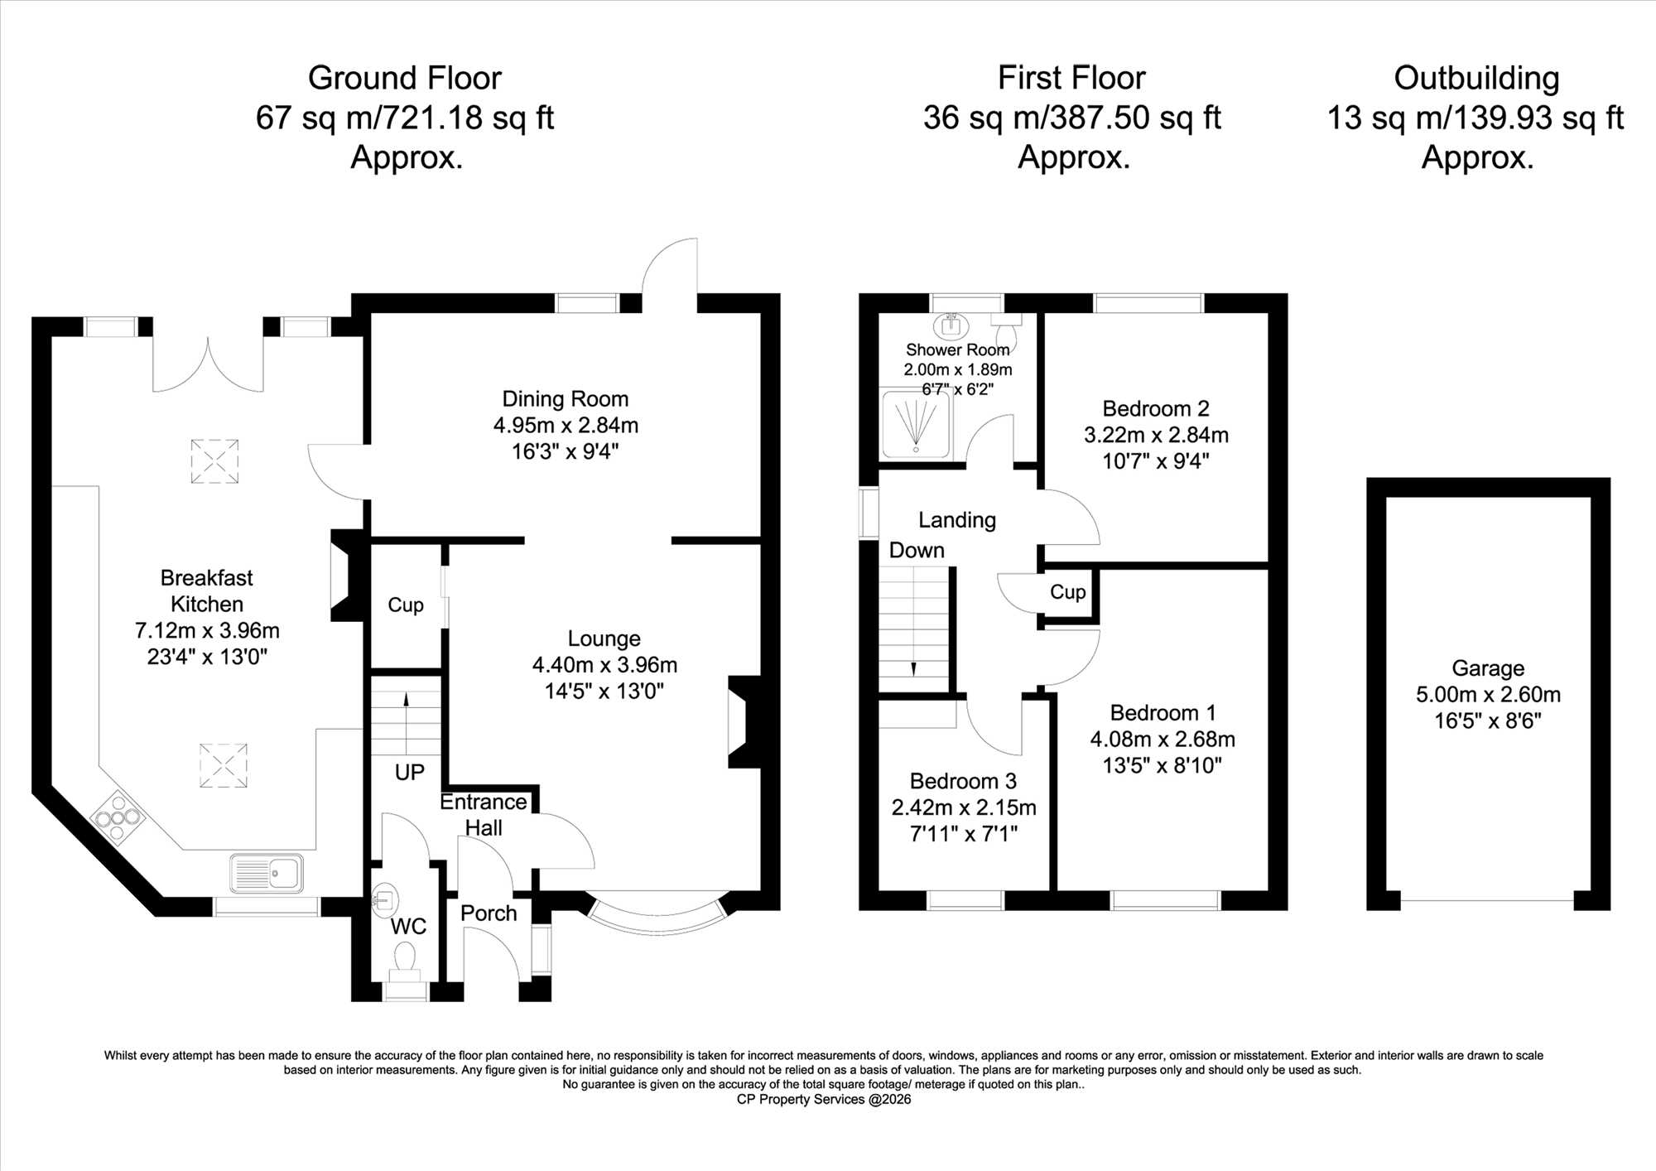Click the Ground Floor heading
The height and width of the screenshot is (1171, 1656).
405,79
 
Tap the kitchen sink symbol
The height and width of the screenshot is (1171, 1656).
267,874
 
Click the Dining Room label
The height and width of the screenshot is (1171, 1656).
566,399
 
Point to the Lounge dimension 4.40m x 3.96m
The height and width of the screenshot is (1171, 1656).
604,665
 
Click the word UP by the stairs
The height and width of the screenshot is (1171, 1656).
409,773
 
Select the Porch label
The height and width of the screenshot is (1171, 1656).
489,913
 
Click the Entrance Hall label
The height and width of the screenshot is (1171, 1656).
484,815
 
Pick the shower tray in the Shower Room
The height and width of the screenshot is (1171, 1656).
917,424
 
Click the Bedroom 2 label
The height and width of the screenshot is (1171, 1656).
1156,409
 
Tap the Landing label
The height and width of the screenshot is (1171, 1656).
957,520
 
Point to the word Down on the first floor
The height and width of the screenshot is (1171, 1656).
917,551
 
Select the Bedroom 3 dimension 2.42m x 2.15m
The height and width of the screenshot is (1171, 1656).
964,807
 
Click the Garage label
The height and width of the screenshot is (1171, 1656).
1488,668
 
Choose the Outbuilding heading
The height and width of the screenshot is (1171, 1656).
1476,79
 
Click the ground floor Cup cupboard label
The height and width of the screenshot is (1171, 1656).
406,605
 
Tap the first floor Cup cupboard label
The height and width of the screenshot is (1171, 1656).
1068,592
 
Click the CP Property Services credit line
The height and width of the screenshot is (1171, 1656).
824,1100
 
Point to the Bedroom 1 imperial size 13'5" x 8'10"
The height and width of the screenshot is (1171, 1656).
1163,765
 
